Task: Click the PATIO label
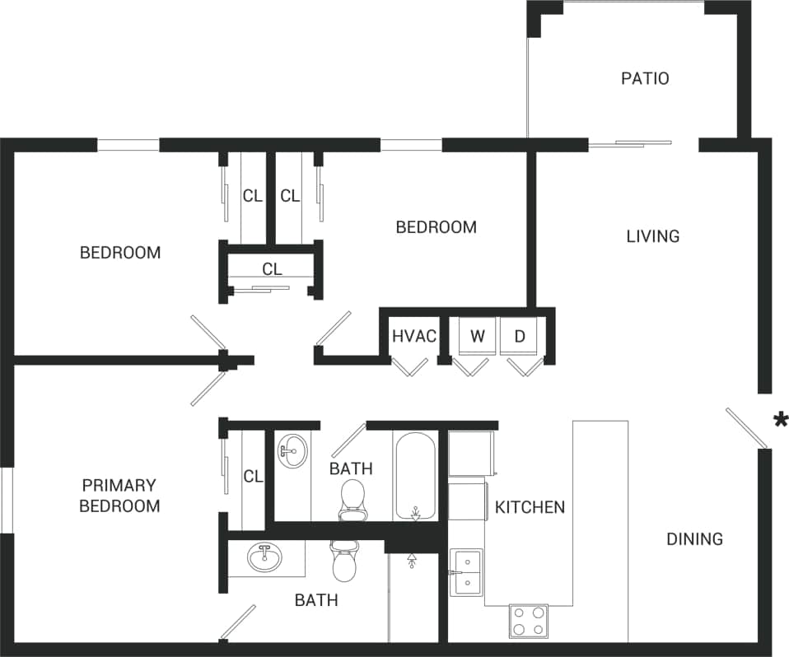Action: click(x=644, y=79)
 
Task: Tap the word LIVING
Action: click(x=652, y=236)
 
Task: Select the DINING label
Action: click(x=693, y=539)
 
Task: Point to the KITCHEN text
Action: click(x=530, y=507)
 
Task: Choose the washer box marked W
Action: click(x=478, y=336)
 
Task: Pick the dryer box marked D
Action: click(x=520, y=336)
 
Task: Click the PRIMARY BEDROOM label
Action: click(x=119, y=496)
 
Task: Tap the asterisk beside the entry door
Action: click(x=779, y=422)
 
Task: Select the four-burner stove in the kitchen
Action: click(x=528, y=621)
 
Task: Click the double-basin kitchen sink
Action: click(x=466, y=571)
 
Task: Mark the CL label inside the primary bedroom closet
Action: click(x=253, y=477)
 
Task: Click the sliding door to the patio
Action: click(x=632, y=144)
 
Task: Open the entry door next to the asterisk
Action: click(x=747, y=428)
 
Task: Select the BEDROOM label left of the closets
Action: click(x=120, y=253)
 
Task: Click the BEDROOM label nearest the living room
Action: click(x=436, y=227)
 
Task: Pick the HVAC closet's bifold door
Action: click(x=409, y=366)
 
